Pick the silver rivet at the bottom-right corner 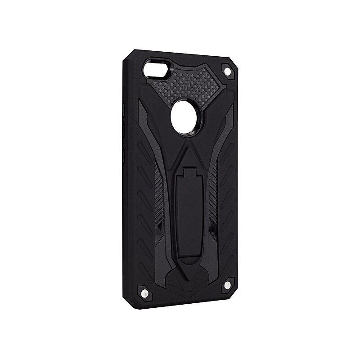click(x=227, y=285)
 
